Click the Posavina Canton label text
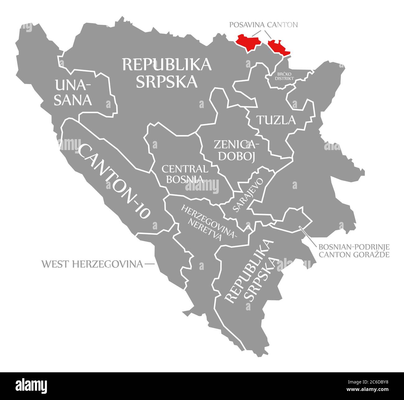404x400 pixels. (x=264, y=25)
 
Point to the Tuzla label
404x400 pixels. (x=276, y=120)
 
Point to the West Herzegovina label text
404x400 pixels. (x=92, y=264)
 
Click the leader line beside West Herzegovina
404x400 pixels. (x=149, y=264)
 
